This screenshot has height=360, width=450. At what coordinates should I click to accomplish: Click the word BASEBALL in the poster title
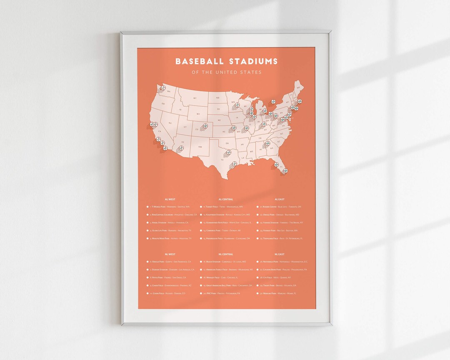[x=198, y=62]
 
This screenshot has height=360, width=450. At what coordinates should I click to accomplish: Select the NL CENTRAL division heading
[x=225, y=254]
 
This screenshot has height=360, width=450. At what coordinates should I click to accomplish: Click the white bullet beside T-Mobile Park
[x=147, y=207]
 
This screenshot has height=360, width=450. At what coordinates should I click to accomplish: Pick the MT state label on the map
[x=194, y=98]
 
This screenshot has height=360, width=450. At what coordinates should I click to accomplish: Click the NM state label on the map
[x=200, y=147]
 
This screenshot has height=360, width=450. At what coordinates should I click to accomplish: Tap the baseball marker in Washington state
[x=163, y=88]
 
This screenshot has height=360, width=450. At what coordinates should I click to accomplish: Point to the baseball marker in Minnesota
[x=237, y=105]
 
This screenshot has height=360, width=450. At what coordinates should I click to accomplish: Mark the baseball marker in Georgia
[x=267, y=143]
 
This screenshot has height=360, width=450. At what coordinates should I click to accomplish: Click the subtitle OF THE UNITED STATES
[x=226, y=72]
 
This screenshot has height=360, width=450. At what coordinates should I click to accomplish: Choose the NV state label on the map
[x=170, y=123]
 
